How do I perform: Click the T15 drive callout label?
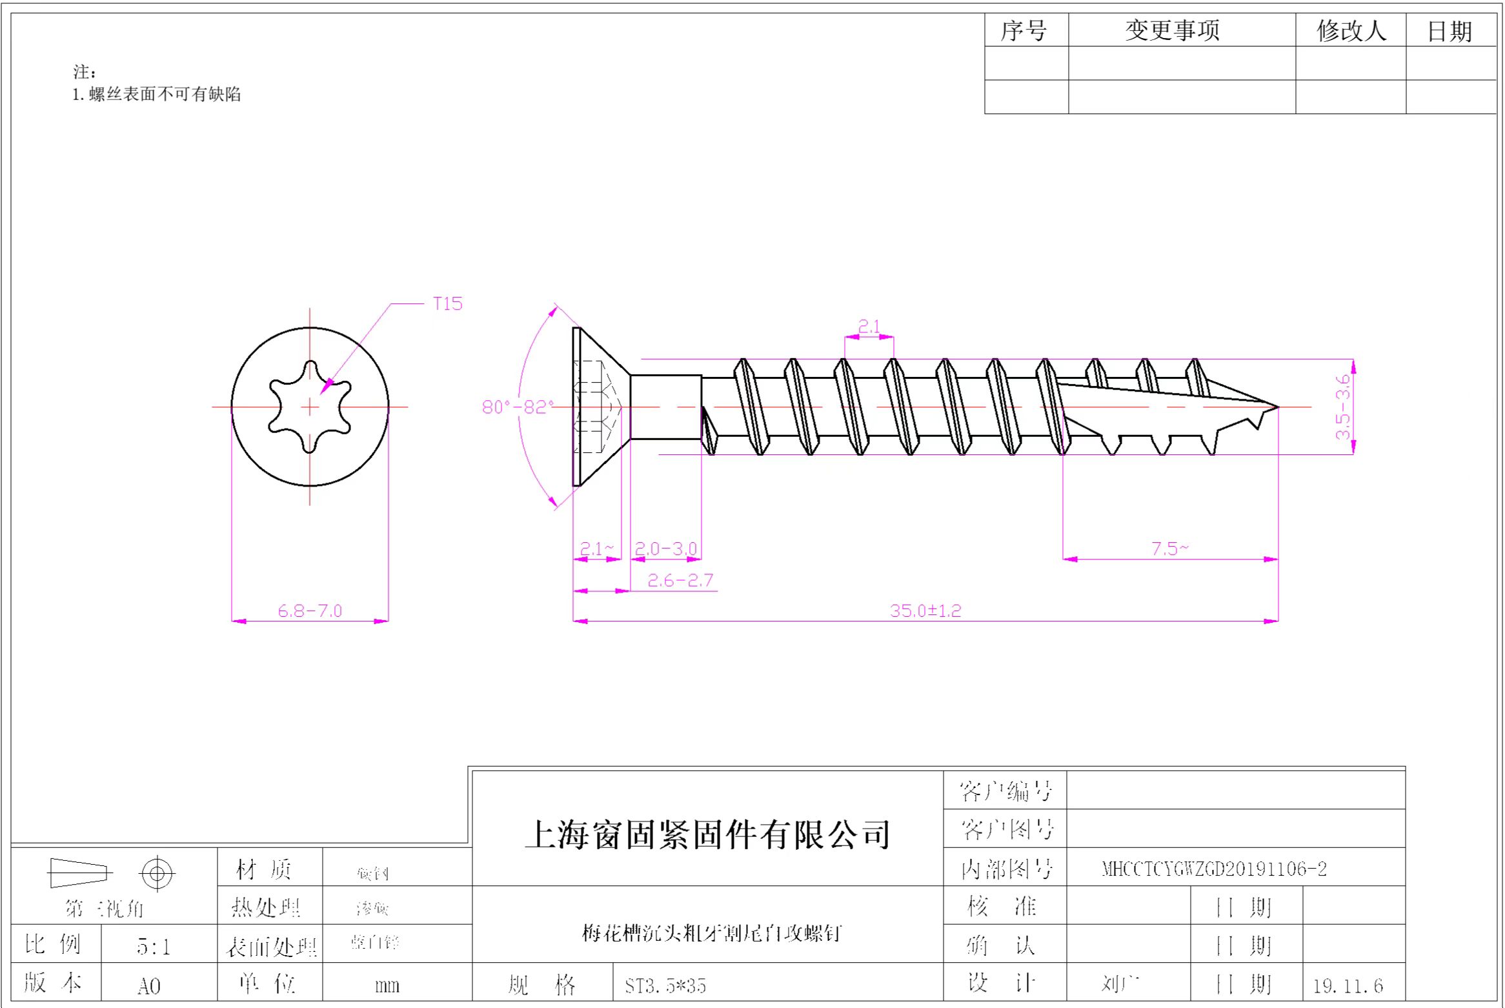[x=447, y=303]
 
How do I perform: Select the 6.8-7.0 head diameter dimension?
[x=310, y=610]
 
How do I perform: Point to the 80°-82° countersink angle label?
[x=518, y=407]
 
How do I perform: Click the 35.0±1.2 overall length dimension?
[x=925, y=610]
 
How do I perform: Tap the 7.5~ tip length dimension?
[x=1169, y=549]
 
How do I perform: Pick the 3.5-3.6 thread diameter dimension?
[x=1342, y=407]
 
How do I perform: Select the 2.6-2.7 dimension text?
[x=680, y=580]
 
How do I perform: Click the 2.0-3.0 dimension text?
[x=665, y=549]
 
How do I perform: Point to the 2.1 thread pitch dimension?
[x=869, y=327]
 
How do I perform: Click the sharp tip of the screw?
[x=1277, y=407]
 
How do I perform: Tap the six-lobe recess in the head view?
[x=310, y=407]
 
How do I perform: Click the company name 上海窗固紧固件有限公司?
[x=707, y=834]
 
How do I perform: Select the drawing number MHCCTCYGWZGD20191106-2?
[x=1214, y=869]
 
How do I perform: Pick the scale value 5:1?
[x=154, y=947]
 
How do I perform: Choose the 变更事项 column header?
[x=1172, y=30]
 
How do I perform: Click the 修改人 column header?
[x=1351, y=30]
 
